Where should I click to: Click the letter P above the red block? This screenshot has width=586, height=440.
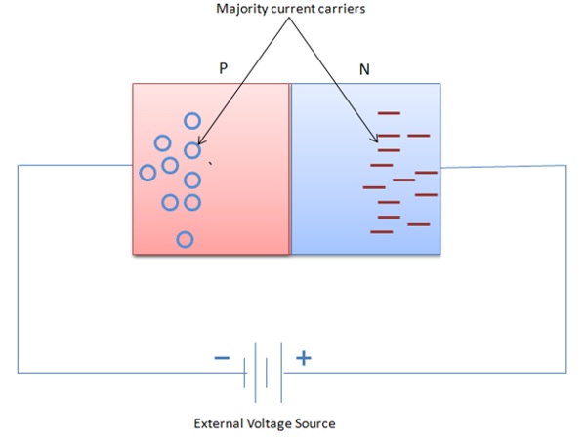224,70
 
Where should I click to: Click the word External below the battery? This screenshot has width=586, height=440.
220,423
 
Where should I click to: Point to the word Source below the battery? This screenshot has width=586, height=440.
315,423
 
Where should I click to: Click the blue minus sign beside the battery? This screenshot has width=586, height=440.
223,358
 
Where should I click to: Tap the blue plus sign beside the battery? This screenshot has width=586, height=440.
304,358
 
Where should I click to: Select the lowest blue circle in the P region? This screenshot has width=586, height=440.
184,239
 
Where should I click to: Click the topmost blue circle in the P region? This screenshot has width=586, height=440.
192,121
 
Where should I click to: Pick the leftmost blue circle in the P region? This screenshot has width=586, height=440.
147,173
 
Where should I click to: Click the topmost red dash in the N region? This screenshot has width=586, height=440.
389,114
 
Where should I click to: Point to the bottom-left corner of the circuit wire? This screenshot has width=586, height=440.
18,372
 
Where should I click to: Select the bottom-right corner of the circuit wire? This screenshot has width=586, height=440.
565,372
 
